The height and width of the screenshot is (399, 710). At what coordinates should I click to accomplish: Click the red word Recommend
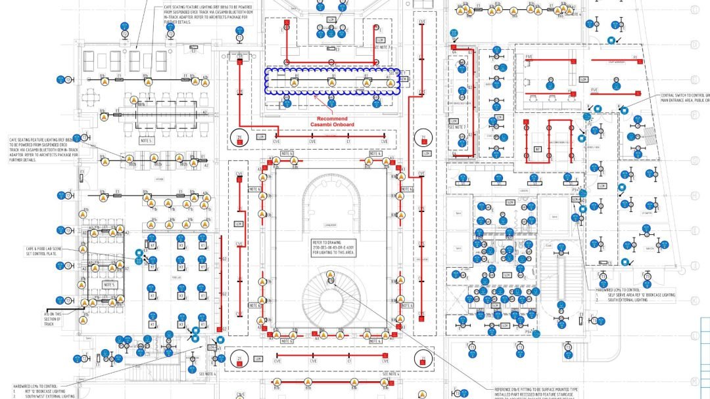pyautogui.click(x=331, y=118)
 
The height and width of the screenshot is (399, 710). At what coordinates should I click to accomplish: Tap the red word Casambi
pyautogui.click(x=321, y=124)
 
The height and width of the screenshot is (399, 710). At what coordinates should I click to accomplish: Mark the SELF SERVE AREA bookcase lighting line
pyautogui.click(x=638, y=295)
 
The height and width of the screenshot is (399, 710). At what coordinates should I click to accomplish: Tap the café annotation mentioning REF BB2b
pyautogui.click(x=41, y=150)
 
